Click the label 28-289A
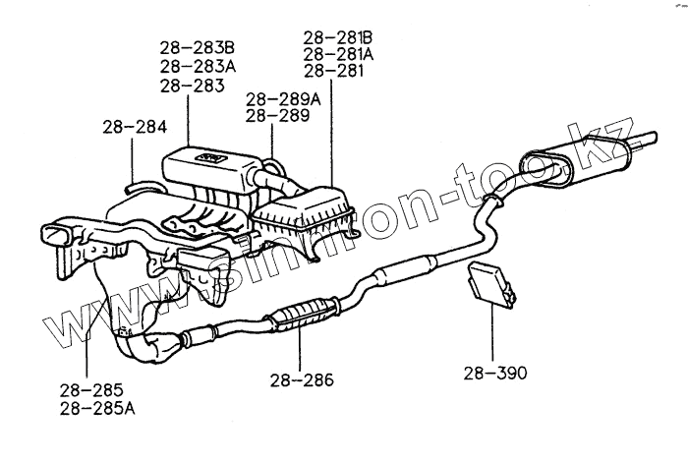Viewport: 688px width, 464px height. coord(284,99)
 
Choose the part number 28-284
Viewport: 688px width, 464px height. coord(134,127)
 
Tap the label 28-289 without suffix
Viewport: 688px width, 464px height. coord(277,116)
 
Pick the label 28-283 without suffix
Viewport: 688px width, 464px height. coord(192,87)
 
